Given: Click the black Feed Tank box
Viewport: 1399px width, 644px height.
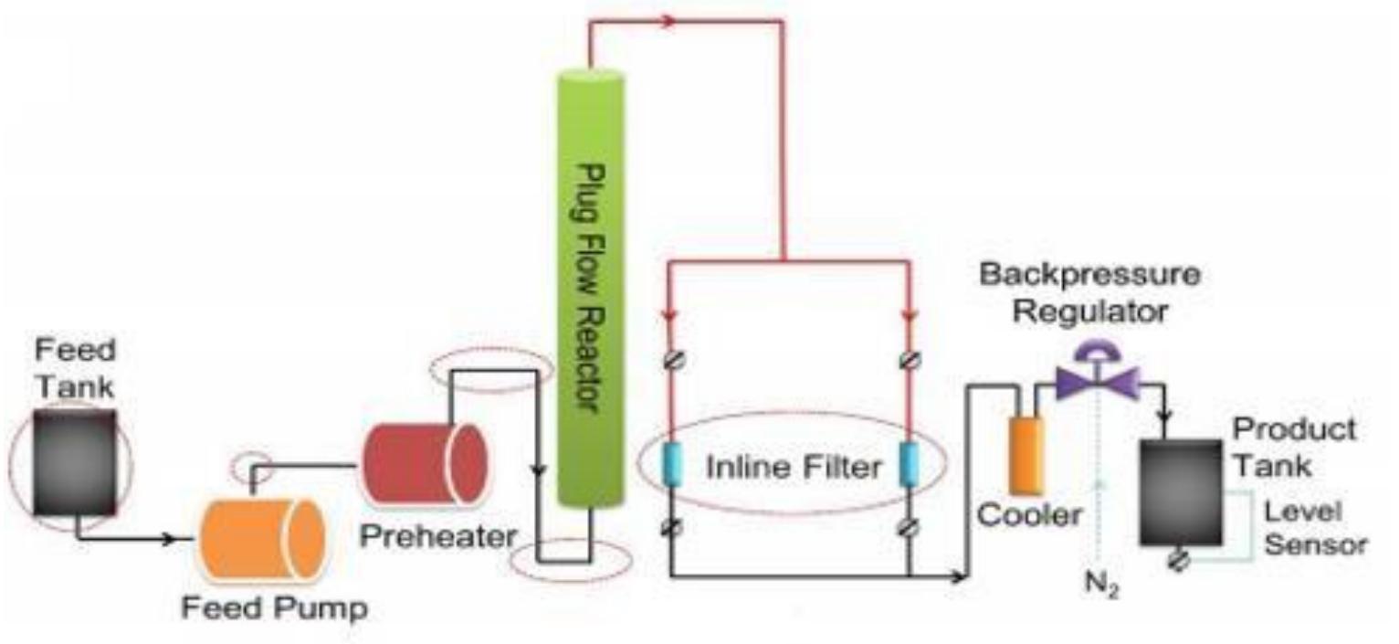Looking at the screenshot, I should click(x=74, y=460).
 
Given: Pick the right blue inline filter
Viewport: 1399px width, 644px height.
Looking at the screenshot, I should click(x=909, y=465).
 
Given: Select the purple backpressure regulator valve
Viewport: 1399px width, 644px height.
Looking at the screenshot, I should click(x=1097, y=378).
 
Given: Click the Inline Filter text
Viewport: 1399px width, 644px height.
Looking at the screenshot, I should click(x=794, y=467).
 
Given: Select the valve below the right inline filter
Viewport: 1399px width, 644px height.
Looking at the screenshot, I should click(x=909, y=527).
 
